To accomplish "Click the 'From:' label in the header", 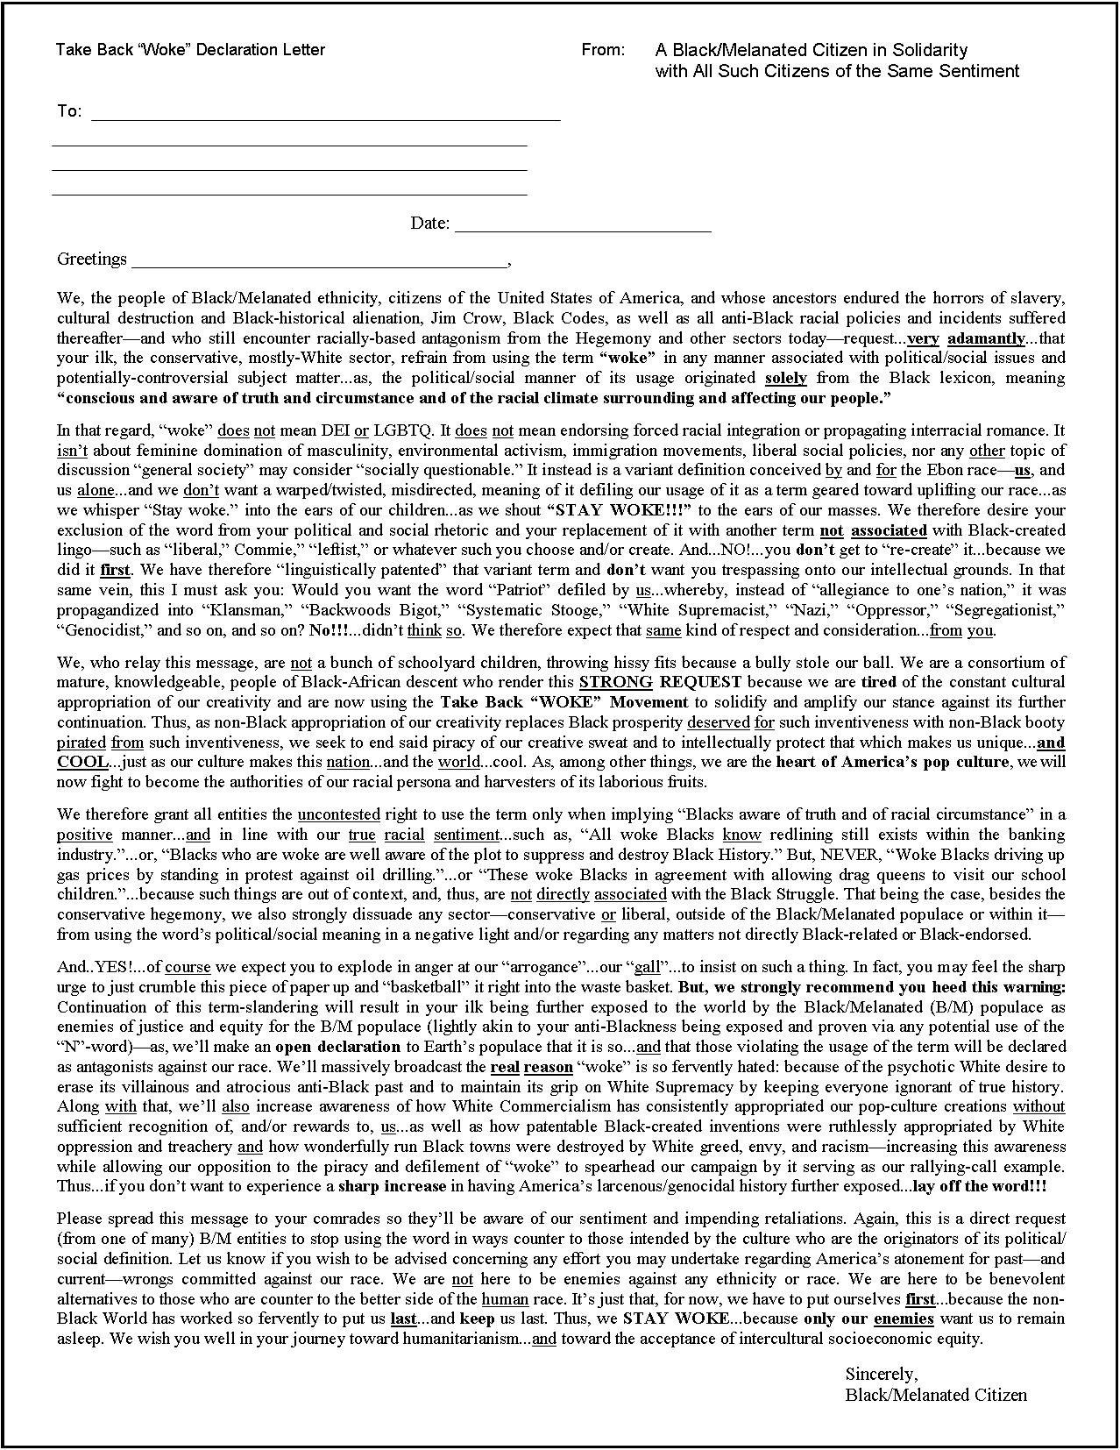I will [603, 50].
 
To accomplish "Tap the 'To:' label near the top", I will [69, 111].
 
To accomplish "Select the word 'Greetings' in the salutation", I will [92, 259].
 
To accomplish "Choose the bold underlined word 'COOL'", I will [82, 762].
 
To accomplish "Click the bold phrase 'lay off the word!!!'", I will [979, 1186].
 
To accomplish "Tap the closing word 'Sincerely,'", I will [881, 1374].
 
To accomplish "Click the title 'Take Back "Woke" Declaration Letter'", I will [190, 50].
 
